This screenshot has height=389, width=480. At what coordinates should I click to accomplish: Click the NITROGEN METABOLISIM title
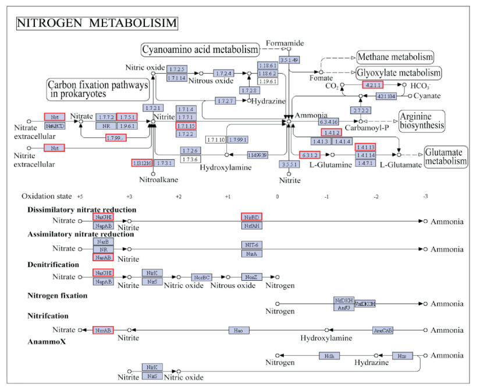click(x=97, y=23)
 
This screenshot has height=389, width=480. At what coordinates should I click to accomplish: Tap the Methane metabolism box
click(x=395, y=57)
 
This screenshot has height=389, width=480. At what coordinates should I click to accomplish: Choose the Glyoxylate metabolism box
click(x=399, y=73)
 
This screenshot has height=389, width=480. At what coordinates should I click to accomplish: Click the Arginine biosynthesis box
click(x=422, y=120)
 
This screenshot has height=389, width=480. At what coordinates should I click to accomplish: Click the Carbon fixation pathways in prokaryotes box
click(x=97, y=88)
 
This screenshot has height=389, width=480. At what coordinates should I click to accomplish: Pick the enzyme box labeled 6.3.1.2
click(x=310, y=155)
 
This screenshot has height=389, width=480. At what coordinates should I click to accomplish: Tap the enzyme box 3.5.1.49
click(x=289, y=60)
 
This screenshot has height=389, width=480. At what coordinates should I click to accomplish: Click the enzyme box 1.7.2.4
click(x=224, y=74)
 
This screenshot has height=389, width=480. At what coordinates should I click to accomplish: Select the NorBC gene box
click(x=202, y=277)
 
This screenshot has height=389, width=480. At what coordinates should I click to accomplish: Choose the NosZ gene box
click(x=251, y=277)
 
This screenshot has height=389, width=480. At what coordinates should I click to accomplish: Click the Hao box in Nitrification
click(x=238, y=330)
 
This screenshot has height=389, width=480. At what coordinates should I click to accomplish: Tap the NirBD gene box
click(x=251, y=217)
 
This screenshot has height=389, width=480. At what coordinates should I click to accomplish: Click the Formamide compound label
click(x=286, y=43)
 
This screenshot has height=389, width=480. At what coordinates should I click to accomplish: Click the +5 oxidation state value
click(x=80, y=196)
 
